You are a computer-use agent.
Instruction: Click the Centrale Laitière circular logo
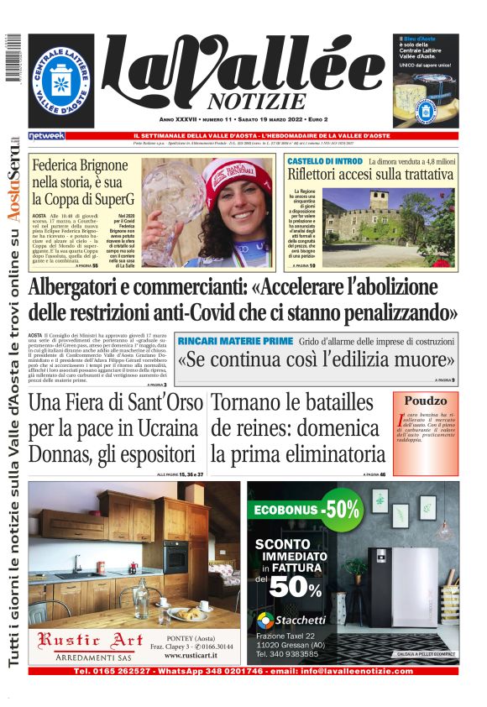click(62, 81)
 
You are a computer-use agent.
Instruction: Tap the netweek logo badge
click(45, 135)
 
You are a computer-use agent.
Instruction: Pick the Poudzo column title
click(426, 401)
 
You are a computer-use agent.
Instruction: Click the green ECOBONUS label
click(285, 509)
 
